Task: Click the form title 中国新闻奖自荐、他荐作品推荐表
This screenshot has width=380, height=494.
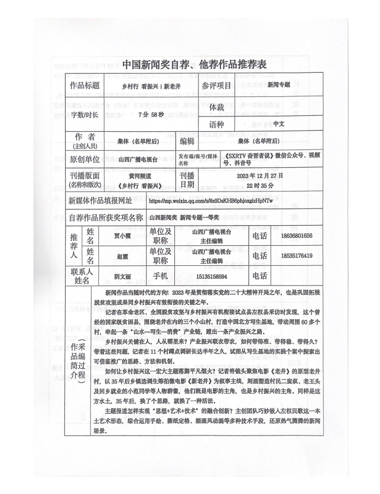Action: (x=190, y=64)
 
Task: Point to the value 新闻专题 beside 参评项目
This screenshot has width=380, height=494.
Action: (x=278, y=85)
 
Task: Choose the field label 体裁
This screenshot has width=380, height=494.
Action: (x=217, y=108)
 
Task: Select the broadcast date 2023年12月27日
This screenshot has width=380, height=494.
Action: (x=260, y=176)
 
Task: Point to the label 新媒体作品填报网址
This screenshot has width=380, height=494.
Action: (x=106, y=200)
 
